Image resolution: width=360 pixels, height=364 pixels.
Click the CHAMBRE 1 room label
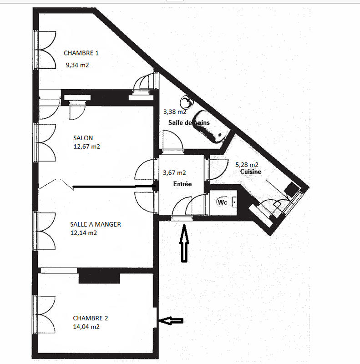point(81,53)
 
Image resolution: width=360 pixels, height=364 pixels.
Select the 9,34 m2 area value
point(77,65)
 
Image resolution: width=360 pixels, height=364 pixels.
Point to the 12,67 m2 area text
point(86,147)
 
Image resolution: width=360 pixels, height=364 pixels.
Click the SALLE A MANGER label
point(95,224)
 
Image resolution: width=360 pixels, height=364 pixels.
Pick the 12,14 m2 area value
point(83,233)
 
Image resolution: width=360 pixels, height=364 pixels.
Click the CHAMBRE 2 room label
point(90,318)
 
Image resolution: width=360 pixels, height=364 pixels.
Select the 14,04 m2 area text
point(86,327)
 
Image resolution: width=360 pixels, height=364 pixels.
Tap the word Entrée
point(182,184)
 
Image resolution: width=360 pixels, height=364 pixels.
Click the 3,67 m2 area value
point(174,173)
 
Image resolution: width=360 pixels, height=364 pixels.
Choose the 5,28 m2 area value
point(247,165)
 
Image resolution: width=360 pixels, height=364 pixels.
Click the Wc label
point(223,202)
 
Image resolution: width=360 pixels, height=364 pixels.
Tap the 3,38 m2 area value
point(175,111)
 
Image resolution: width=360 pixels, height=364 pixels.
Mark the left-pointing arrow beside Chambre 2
point(171,321)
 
